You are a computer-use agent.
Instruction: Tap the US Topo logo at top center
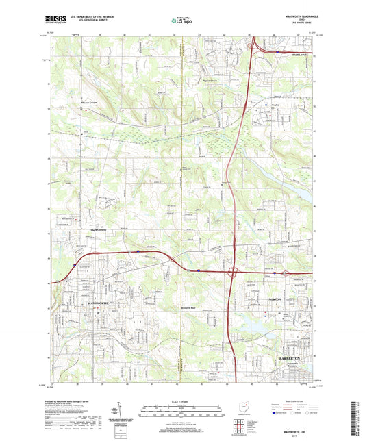click(181, 21)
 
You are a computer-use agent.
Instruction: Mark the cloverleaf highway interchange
click(234, 272)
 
